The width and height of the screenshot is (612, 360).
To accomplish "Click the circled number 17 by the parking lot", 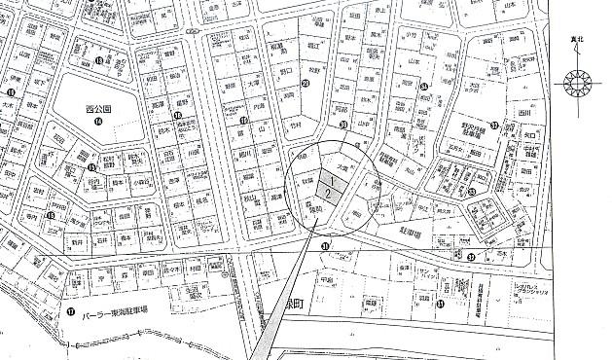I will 70,312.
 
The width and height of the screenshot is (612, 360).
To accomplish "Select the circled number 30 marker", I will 342,125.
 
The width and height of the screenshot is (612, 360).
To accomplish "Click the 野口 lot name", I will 286,71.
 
